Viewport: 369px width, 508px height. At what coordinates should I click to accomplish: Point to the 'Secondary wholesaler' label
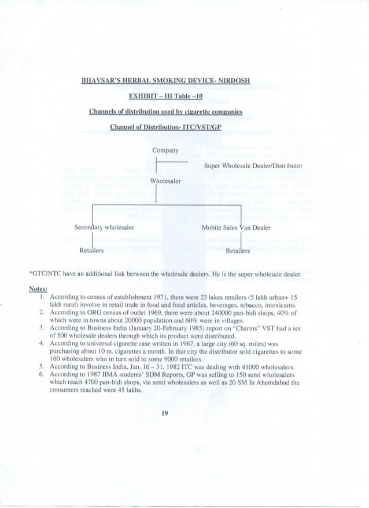pyautogui.click(x=105, y=228)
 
